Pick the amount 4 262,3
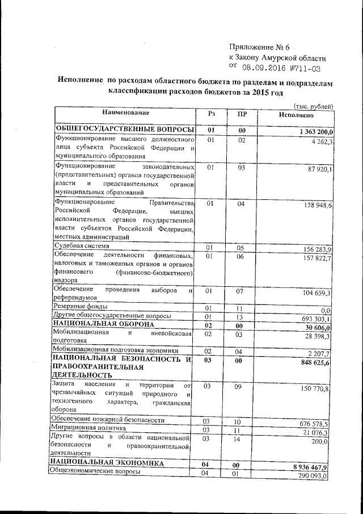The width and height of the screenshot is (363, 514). point(322,141)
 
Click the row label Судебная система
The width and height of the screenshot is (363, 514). point(81,246)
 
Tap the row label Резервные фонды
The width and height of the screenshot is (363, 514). point(78,307)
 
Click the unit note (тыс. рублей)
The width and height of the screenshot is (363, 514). point(313,106)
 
